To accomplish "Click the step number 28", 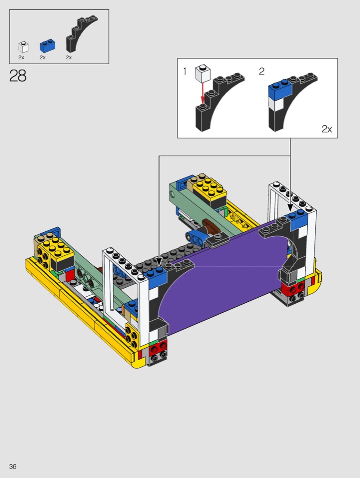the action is [x=18, y=76].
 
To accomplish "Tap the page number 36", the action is [x=13, y=467].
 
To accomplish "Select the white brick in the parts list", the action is [x=23, y=47].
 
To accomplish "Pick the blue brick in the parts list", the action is [x=47, y=46].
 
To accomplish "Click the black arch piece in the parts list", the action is [x=80, y=34].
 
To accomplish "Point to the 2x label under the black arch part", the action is [x=69, y=57].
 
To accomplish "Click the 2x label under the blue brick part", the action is [x=43, y=57].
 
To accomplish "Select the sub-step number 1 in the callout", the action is [x=185, y=71].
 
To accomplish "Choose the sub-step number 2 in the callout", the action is [x=262, y=71].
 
